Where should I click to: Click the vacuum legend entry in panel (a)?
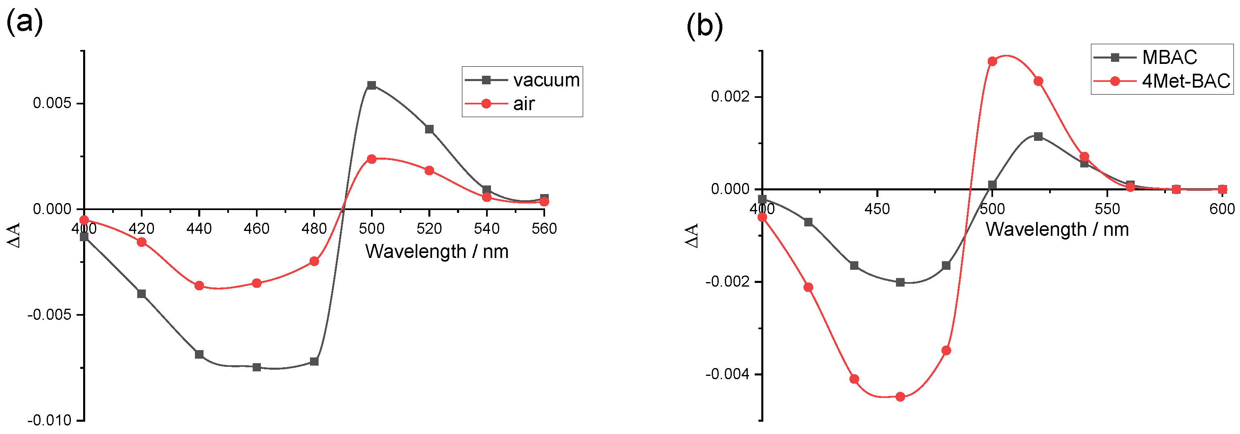(545, 80)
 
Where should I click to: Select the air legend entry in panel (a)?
(523, 104)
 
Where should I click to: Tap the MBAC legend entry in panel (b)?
(1169, 57)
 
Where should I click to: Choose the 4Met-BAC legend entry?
(1186, 81)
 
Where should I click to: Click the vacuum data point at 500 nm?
(371, 85)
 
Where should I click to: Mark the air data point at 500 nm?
(371, 159)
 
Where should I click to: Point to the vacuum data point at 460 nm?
(257, 367)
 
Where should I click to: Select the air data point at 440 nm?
(199, 286)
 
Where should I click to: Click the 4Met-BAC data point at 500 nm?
(992, 61)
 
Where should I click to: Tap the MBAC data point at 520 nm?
(1038, 137)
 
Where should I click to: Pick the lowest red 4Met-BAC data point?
(900, 397)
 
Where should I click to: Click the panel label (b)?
(704, 25)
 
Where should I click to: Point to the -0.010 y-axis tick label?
(49, 420)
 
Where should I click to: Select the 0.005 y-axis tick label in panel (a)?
(52, 103)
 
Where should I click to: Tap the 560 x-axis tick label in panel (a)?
(544, 228)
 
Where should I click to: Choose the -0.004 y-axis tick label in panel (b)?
(727, 374)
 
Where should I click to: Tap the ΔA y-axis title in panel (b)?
(692, 235)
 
